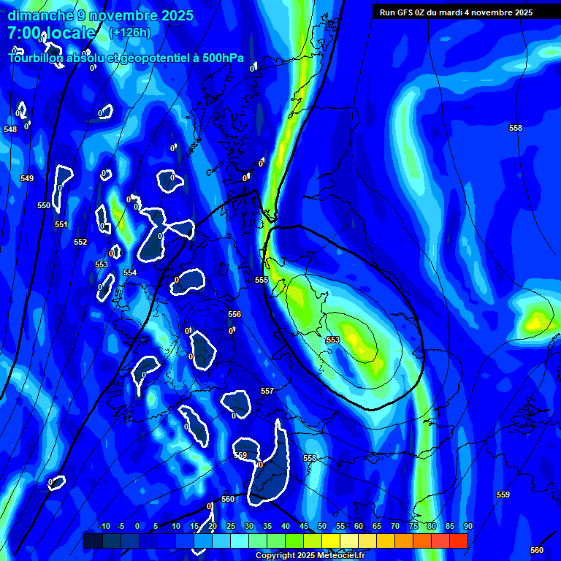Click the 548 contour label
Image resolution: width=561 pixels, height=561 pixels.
(10, 129)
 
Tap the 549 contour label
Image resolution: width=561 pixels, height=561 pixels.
(27, 178)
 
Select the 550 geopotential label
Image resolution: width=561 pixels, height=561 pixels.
(44, 205)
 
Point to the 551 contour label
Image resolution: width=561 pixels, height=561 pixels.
(61, 224)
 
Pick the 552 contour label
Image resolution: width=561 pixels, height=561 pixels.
(80, 242)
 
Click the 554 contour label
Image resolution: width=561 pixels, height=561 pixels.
(130, 272)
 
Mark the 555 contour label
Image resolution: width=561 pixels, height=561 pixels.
(262, 280)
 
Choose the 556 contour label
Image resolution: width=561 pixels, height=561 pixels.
(234, 314)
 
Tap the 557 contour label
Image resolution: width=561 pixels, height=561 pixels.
(267, 391)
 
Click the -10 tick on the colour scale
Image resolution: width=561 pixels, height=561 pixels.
(104, 527)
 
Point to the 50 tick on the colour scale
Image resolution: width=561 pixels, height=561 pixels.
(322, 527)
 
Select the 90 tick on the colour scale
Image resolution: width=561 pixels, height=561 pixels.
(467, 527)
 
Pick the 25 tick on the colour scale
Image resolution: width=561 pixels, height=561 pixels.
(231, 527)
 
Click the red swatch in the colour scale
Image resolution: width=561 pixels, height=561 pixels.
(459, 541)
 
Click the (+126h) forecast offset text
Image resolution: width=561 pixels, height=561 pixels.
(130, 32)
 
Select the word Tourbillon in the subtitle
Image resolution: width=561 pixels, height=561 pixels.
(36, 58)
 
